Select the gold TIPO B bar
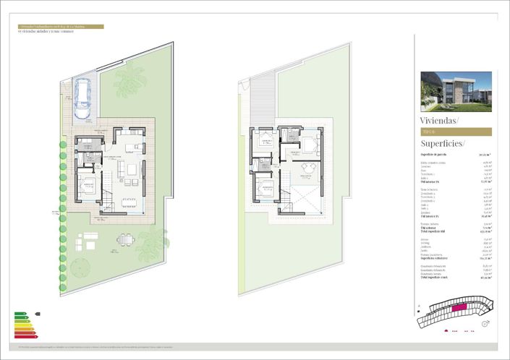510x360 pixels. tap(456, 132)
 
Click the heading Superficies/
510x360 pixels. tap(443, 145)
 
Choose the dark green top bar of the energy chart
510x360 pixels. tap(20, 314)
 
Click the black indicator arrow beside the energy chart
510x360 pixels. tap(38, 314)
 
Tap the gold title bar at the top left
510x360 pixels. tap(61, 27)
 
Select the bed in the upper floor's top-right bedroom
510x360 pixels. tap(312, 145)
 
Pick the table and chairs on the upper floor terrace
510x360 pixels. tap(307, 169)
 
